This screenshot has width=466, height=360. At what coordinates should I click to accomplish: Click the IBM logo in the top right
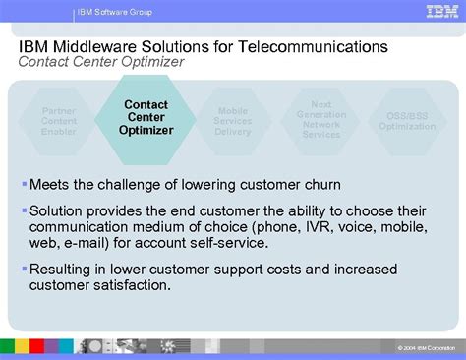pyautogui.click(x=439, y=12)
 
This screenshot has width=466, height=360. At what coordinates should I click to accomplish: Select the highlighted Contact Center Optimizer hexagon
pyautogui.click(x=146, y=118)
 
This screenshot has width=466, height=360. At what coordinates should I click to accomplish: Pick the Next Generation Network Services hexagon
pyautogui.click(x=320, y=118)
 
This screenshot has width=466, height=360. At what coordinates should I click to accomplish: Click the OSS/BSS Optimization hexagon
pyautogui.click(x=407, y=120)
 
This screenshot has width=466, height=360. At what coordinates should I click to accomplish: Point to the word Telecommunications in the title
pyautogui.click(x=315, y=47)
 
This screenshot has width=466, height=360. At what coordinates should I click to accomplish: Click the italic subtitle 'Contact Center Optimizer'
pyautogui.click(x=101, y=62)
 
